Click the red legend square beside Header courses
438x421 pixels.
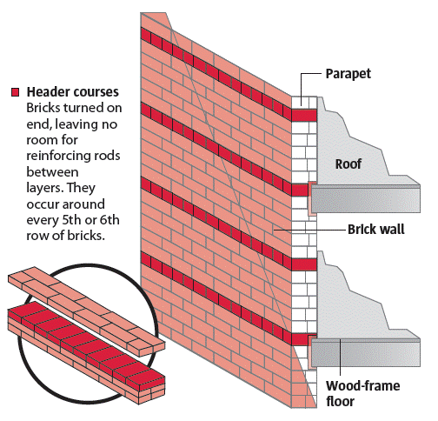coord(15,91)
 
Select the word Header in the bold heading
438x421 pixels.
coord(50,91)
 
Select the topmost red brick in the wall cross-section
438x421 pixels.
coord(303,115)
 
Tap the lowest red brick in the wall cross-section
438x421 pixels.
coord(302,337)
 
